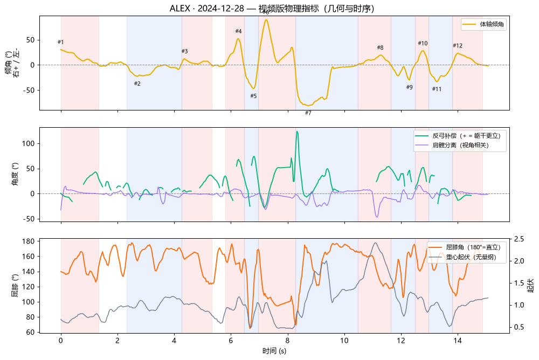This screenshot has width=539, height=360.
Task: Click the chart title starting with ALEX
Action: click(272, 8)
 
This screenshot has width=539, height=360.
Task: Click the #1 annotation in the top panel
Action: click(60, 42)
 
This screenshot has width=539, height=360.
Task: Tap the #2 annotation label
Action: click(137, 84)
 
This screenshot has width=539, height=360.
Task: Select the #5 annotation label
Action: click(253, 96)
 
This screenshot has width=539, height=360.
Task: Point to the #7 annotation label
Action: click(308, 113)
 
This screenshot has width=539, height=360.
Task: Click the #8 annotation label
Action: click(380, 47)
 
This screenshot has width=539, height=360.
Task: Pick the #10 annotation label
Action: click(423, 43)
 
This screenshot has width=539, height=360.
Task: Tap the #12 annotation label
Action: click(458, 45)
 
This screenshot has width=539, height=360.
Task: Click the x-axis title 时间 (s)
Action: click(274, 351)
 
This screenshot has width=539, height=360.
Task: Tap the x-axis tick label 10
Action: click(344, 341)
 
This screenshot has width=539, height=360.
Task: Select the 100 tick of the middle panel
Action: click(28, 143)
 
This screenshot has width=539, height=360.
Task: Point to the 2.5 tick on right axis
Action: click(519, 239)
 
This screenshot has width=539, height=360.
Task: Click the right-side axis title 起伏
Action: click(531, 286)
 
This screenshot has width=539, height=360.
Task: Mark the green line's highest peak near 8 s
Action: click(297, 131)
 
